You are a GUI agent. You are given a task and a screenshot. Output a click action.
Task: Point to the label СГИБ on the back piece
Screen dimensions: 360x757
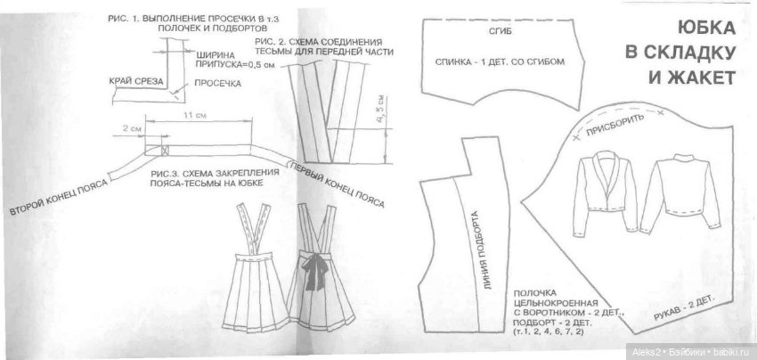(501, 31)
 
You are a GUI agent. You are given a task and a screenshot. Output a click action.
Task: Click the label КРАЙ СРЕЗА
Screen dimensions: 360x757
(134, 81)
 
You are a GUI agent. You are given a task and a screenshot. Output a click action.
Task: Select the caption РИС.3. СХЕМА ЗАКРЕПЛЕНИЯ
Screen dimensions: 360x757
(206, 167)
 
